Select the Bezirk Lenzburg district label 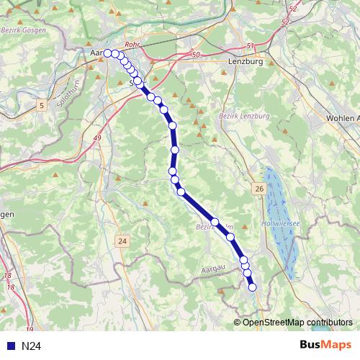tap(243, 115)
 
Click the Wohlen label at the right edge tap(341, 118)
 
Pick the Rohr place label tap(131, 45)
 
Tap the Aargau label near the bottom tap(213, 267)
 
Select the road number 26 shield tap(258, 188)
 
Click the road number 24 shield tap(123, 240)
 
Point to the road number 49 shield tap(96, 137)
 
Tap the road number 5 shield tap(42, 107)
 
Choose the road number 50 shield tap(195, 55)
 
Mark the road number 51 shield tap(250, 46)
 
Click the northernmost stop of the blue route tap(108, 53)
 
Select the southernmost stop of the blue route tap(253, 288)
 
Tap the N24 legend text tap(30, 346)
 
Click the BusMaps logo tap(325, 345)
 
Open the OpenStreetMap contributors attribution tap(297, 322)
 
